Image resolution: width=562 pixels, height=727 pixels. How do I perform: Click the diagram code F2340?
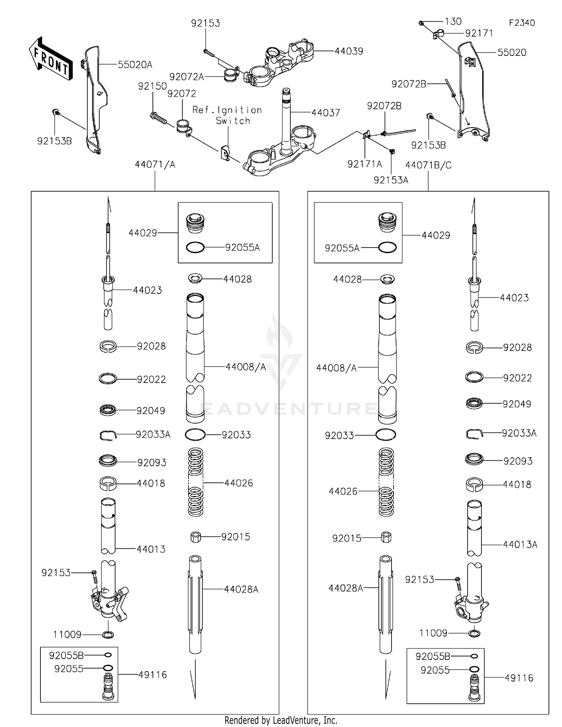[x=522, y=23]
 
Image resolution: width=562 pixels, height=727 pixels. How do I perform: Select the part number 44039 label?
[x=348, y=51]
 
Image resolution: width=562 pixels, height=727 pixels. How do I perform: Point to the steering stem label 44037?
[x=326, y=113]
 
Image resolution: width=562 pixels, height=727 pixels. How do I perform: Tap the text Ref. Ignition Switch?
[x=227, y=115]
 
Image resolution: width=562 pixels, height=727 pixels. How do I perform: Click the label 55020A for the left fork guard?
[x=135, y=65]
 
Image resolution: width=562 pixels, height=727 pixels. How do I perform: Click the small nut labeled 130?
[x=421, y=23]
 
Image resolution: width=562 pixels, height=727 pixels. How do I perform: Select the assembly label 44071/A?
[x=155, y=164]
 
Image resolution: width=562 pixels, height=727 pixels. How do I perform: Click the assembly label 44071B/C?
[x=428, y=165]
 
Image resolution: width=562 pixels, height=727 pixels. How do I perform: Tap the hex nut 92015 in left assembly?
[x=196, y=537]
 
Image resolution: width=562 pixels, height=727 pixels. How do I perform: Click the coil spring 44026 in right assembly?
[x=386, y=482]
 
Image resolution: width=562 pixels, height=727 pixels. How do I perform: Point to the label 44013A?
[x=520, y=544]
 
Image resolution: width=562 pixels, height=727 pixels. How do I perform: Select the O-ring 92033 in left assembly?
[x=195, y=434]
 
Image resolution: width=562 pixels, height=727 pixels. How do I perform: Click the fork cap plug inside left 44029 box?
[x=195, y=223]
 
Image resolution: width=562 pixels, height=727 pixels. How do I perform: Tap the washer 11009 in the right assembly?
[x=474, y=633]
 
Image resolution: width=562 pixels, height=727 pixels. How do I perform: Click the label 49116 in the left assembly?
[x=152, y=674]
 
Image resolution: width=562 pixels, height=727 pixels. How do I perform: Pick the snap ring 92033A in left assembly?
[x=108, y=435]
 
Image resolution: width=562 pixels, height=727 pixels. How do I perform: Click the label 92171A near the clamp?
[x=365, y=164]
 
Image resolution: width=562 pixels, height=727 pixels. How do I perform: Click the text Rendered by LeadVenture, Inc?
[x=281, y=720]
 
